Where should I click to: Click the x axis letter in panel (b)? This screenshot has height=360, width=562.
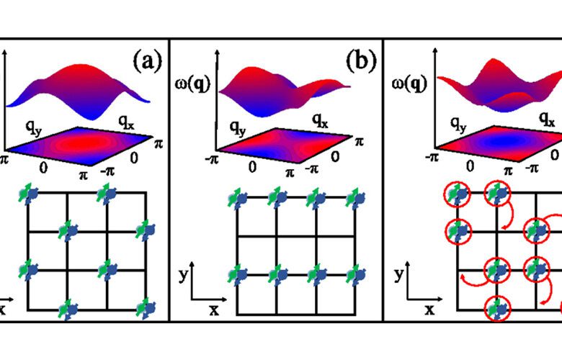click(x=214, y=310)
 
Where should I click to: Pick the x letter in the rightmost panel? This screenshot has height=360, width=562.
click(x=429, y=310)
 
